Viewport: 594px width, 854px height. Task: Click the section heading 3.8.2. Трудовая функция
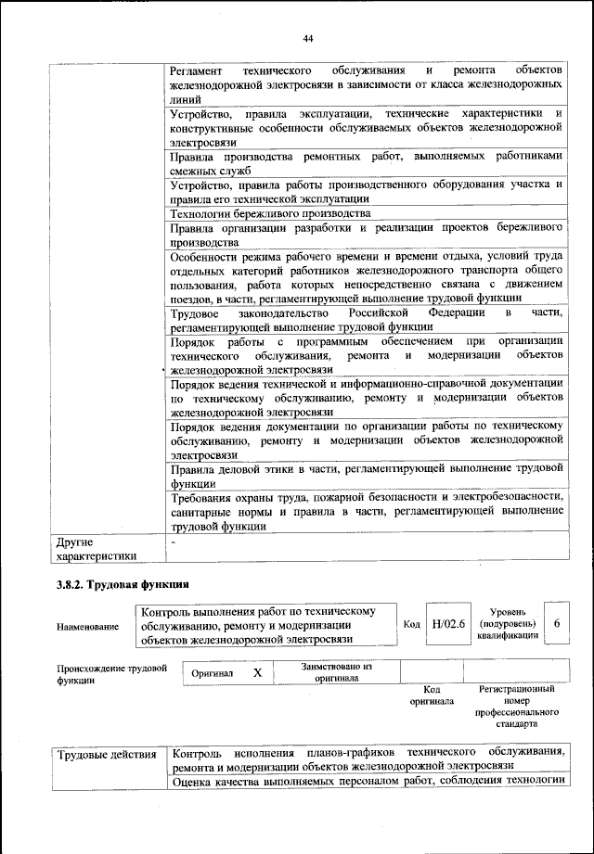[x=123, y=585]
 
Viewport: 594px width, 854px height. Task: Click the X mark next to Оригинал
[x=258, y=672]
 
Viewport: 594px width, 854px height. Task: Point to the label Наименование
[x=88, y=628]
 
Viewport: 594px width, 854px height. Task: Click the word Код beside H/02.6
[x=412, y=625]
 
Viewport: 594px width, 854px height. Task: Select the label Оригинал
[x=213, y=673]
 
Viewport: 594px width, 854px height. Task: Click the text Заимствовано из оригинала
[x=336, y=672]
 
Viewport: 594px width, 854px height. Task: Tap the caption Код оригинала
[x=431, y=695]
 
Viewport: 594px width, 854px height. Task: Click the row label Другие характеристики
[x=97, y=548]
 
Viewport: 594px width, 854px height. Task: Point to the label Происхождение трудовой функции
[x=111, y=672]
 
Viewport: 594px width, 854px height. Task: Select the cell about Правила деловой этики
[x=368, y=475]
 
